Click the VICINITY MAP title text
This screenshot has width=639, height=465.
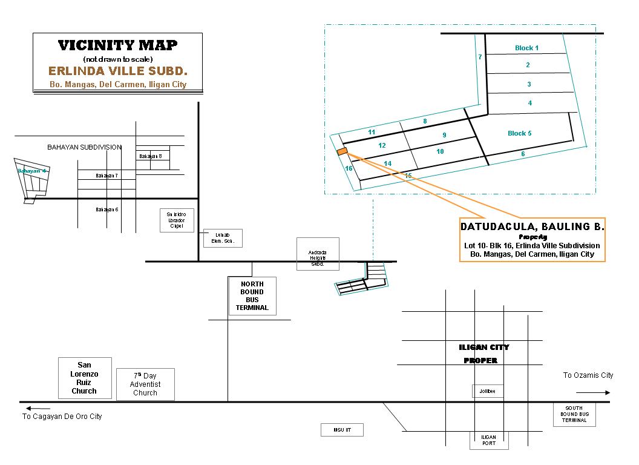point(117,45)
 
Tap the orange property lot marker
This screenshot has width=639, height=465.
point(342,151)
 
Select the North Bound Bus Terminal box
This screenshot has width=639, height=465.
point(252,296)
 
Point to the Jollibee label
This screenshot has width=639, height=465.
point(487,391)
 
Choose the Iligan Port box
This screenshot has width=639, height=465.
point(489,440)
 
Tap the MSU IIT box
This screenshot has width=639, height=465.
point(342,430)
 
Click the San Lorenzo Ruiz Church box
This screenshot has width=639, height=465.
point(85,378)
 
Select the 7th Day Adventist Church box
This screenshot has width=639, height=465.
point(145,384)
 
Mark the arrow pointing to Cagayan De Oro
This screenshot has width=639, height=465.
point(38,408)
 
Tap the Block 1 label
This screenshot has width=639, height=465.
point(526,48)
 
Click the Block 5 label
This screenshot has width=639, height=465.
point(519,133)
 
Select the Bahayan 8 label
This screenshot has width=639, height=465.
point(151,156)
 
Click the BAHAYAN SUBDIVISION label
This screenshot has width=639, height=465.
point(85,147)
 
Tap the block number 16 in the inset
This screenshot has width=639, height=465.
point(349,169)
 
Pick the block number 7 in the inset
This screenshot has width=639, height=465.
point(480,58)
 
